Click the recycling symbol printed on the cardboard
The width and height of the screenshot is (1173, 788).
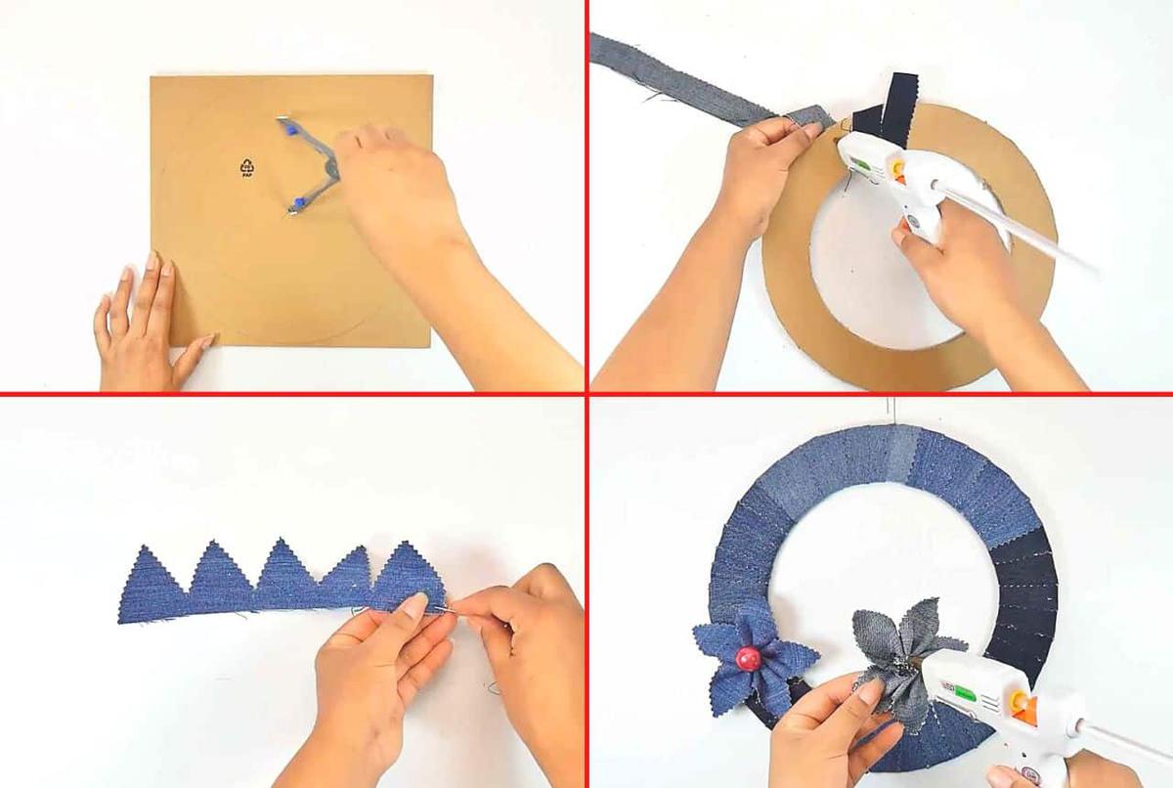(x=246, y=167)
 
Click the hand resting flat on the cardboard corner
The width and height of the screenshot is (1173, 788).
(x=144, y=323)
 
